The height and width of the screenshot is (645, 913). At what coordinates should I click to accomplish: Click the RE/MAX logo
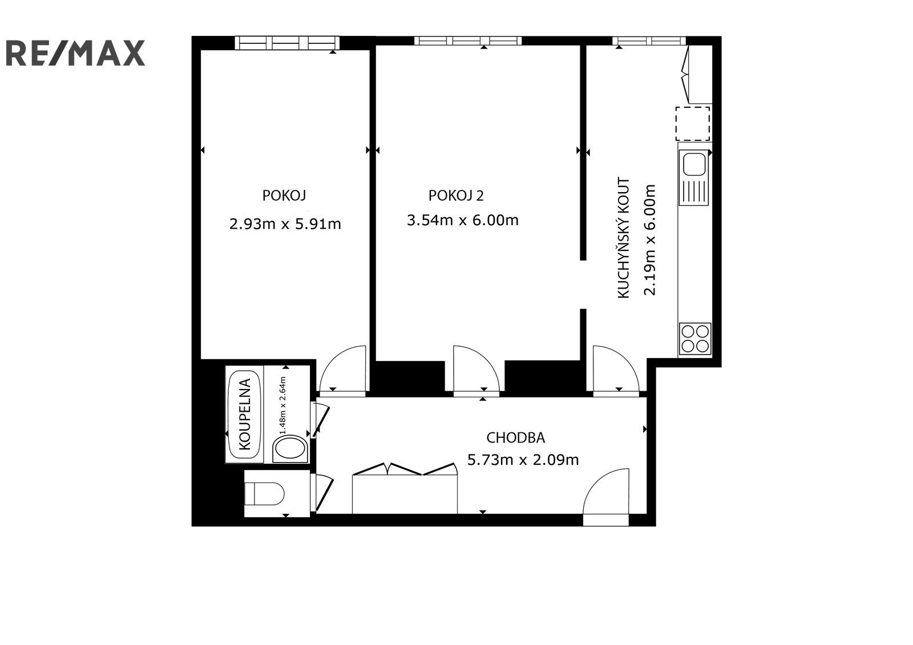[75, 53]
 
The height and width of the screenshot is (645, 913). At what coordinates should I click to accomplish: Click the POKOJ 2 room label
[455, 196]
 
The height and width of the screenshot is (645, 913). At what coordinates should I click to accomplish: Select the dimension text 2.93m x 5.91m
[285, 224]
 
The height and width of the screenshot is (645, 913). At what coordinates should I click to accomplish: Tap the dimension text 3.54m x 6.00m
[462, 220]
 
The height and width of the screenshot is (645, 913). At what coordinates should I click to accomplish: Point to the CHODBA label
[515, 438]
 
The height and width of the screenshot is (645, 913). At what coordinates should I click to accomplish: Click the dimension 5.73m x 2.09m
[523, 460]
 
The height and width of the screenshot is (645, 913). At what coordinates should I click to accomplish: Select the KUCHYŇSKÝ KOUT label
[624, 238]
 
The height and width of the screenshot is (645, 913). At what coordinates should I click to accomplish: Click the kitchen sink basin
[694, 165]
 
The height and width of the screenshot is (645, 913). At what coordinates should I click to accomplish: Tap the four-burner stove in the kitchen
[695, 339]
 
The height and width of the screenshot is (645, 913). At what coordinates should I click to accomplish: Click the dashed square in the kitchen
[693, 123]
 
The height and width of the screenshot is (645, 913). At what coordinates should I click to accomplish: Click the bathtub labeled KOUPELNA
[244, 415]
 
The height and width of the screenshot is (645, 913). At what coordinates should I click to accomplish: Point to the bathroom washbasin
[292, 449]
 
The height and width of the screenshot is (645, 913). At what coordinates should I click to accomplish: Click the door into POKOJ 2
[476, 371]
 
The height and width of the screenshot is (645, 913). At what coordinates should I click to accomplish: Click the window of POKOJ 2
[467, 40]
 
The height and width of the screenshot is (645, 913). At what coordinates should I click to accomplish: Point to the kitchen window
[649, 40]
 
